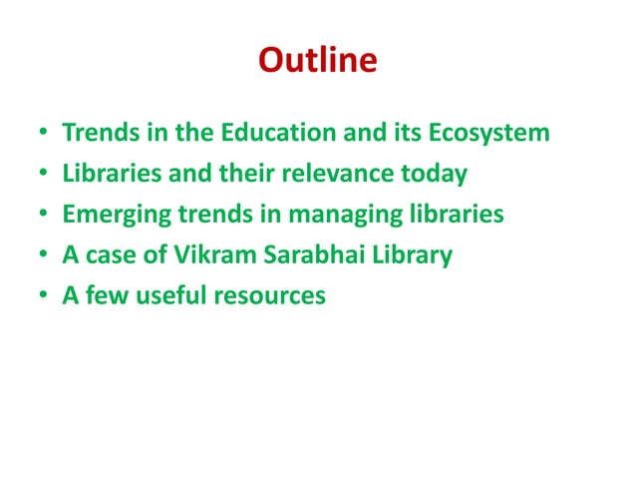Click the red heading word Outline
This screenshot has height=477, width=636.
[318, 61]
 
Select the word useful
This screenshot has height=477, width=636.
[170, 296]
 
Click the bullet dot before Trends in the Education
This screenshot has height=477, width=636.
[44, 134]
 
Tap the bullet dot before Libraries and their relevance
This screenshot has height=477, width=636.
[44, 175]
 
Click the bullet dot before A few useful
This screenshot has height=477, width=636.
[44, 297]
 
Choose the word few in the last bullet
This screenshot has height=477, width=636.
[105, 296]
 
